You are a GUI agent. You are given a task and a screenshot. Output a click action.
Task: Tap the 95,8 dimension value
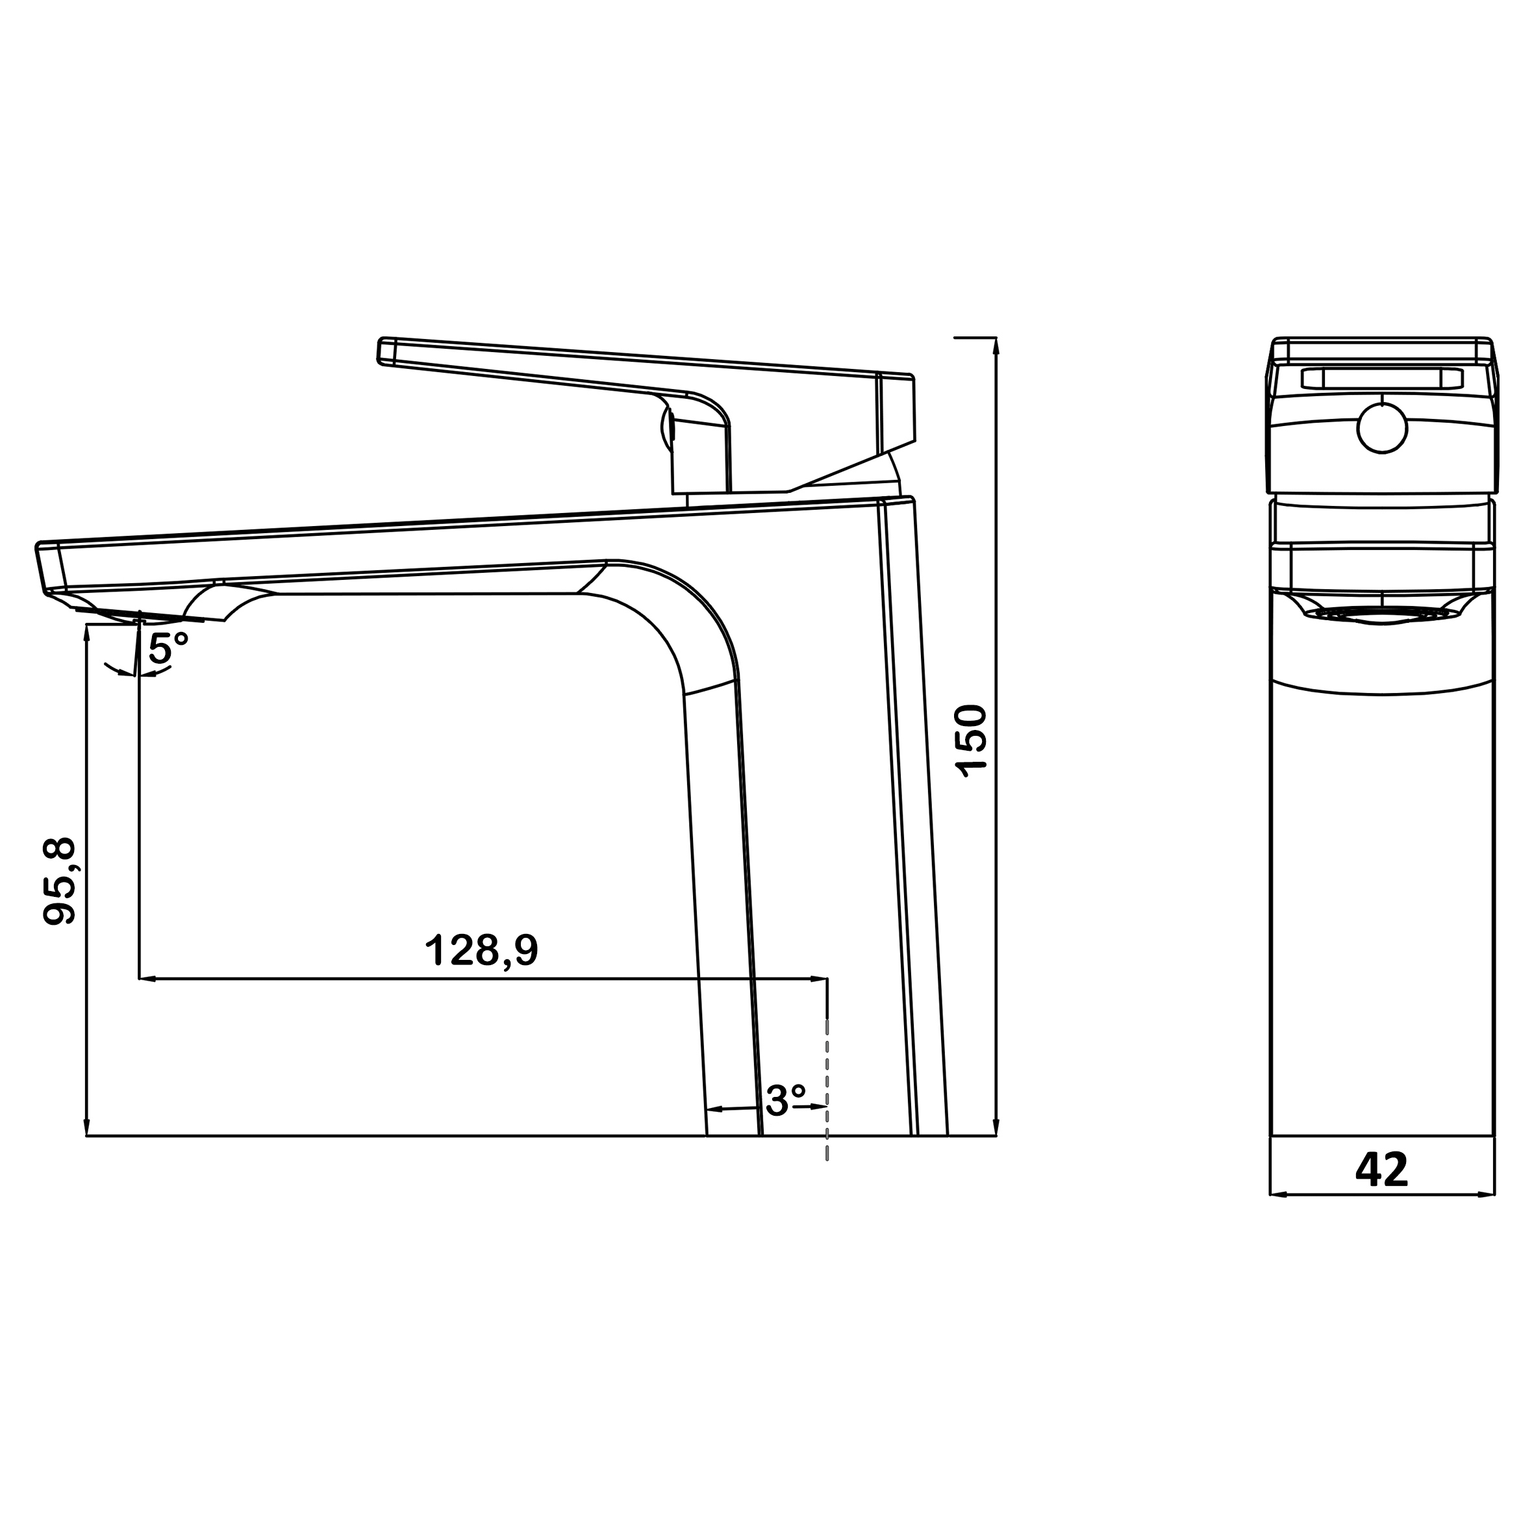click(x=60, y=881)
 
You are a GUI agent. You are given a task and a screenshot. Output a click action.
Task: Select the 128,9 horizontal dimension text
click(x=482, y=949)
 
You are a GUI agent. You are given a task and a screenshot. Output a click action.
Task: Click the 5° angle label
click(x=169, y=649)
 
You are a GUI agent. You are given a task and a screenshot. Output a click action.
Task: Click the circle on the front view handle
click(x=1381, y=429)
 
